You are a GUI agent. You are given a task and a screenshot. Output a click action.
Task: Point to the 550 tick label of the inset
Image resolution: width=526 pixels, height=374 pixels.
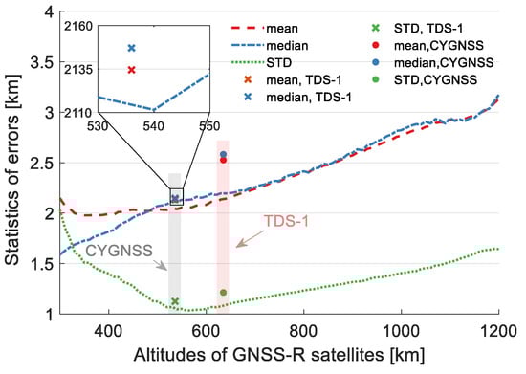(x=208, y=124)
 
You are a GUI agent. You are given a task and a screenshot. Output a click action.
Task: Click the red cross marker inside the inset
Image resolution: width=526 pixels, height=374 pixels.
(x=131, y=69)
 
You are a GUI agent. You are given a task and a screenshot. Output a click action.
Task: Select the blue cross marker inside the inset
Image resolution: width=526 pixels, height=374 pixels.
(x=131, y=48)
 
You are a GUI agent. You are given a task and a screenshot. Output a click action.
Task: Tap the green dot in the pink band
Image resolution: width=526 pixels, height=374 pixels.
(x=223, y=293)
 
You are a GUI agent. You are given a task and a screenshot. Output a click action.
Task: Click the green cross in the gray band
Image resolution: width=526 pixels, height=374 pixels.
(x=174, y=301)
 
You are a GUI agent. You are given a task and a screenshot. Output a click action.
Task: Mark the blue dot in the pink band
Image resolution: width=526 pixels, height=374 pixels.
(x=223, y=154)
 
